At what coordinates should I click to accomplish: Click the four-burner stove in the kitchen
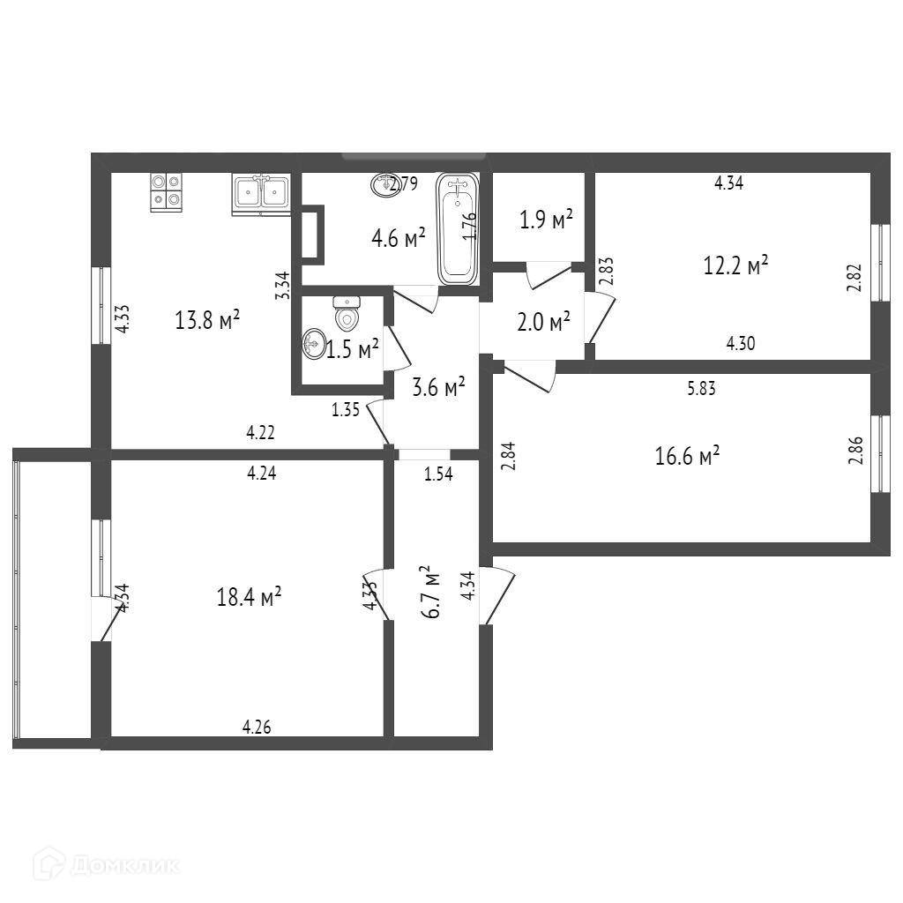pos(167,191)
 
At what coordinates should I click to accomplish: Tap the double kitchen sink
pos(261,193)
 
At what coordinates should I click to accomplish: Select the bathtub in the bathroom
pos(458,228)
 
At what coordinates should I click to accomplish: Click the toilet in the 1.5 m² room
pos(347,314)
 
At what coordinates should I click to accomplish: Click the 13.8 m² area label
pos(207,320)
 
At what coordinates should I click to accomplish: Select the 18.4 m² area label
pos(249,597)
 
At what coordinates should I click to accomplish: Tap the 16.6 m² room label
pos(688,456)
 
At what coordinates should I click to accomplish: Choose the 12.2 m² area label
pos(735,265)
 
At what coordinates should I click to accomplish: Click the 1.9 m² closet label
pos(547,220)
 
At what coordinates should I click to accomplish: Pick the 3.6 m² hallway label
pos(439,386)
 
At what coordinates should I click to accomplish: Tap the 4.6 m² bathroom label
pos(399,238)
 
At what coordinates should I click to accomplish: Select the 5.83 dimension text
pos(702,387)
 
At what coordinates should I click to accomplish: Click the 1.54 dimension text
pos(438,474)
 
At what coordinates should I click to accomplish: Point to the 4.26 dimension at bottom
pos(257,728)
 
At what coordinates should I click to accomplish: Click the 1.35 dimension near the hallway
pos(346,409)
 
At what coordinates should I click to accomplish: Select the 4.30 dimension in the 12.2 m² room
pos(742,345)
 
